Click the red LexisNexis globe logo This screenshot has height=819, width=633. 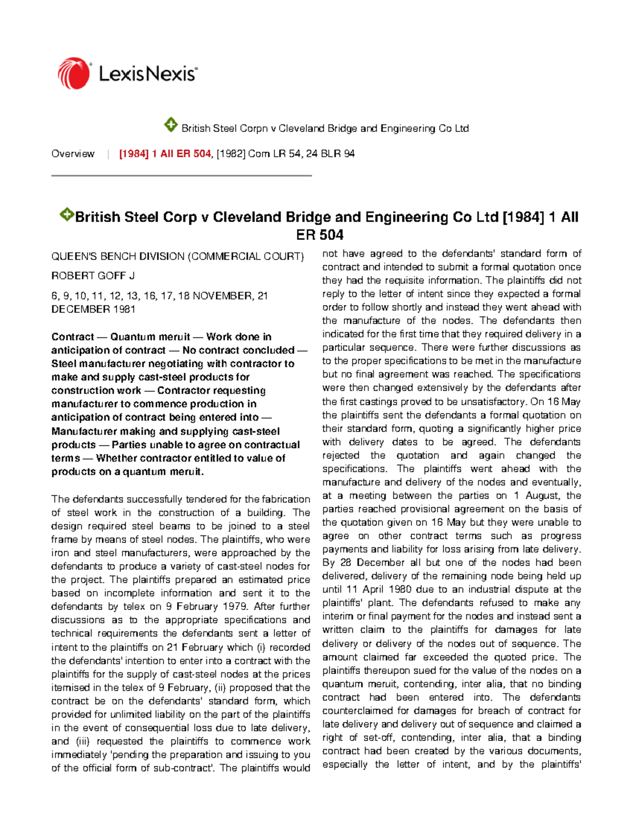[73, 73]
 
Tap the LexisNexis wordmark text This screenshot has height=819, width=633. [148, 74]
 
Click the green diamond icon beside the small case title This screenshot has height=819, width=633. [170, 126]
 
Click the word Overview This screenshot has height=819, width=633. [73, 154]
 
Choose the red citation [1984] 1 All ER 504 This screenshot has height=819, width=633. [165, 154]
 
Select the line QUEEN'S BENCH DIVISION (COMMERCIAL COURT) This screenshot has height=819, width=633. [177, 257]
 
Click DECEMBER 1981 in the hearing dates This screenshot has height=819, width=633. [93, 310]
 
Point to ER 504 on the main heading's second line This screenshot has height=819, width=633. [320, 235]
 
